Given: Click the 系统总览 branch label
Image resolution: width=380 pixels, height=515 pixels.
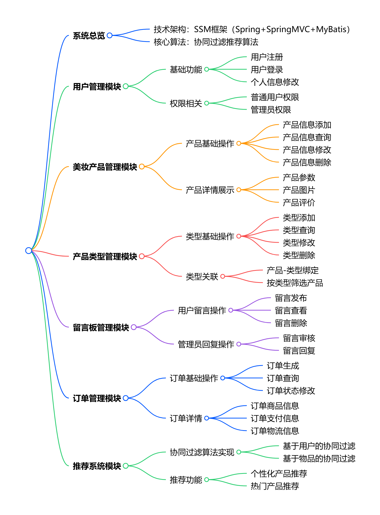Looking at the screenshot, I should [89, 36].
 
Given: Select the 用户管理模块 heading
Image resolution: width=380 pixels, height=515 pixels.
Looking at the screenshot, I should [97, 87].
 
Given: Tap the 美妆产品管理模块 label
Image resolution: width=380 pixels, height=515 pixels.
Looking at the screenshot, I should [105, 167].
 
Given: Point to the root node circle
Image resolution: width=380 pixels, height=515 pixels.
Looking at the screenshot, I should [29, 250].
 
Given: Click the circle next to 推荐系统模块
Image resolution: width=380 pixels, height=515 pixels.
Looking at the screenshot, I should [126, 466].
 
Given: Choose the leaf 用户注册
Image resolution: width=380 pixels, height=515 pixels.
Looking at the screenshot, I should [267, 57].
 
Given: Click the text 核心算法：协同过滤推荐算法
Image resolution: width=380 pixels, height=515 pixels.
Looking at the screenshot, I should [206, 42].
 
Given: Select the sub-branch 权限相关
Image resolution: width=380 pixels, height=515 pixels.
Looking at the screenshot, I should [186, 103].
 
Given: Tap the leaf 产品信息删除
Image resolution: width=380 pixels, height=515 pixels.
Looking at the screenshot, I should [307, 162].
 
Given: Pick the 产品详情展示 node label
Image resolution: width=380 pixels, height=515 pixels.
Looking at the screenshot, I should [210, 190].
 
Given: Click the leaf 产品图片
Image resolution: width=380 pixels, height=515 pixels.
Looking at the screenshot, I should [299, 190].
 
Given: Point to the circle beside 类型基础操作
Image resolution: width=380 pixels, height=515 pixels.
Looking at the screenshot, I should [239, 236].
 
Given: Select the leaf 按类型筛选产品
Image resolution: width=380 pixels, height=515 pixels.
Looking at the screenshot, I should [295, 283].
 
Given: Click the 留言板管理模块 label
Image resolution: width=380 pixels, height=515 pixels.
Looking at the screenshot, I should [101, 328].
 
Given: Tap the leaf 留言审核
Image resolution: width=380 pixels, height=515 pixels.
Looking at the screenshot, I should [299, 338].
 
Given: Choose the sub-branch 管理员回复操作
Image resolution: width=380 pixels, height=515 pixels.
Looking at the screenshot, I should [206, 344].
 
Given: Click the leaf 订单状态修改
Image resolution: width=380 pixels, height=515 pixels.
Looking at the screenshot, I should [291, 391].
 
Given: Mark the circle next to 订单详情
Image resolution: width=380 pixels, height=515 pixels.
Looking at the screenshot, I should [207, 418].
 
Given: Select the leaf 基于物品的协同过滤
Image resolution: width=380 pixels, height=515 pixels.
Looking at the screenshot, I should [319, 459].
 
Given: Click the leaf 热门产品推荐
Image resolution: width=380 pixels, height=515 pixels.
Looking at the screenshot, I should [275, 486].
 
